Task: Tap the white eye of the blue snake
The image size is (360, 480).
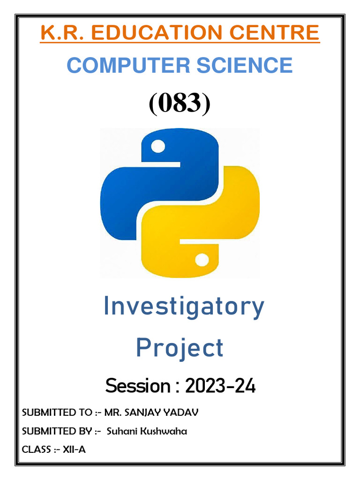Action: point(158,147)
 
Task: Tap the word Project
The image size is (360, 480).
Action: point(180,349)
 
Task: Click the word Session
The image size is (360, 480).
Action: point(138,386)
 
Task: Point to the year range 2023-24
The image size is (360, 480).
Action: point(220,386)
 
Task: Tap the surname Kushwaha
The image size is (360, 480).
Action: point(162,431)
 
